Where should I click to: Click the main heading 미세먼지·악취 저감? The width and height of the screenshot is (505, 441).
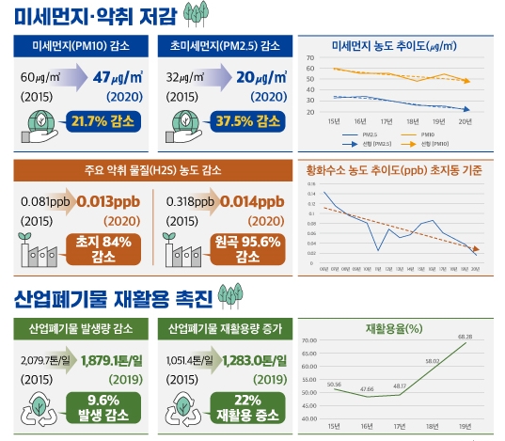[x=94, y=16]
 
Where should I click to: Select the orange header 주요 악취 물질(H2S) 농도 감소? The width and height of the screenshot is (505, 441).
[x=152, y=170]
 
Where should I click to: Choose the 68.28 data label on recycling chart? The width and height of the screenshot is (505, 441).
[x=465, y=337]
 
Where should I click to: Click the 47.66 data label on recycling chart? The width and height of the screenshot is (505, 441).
[x=367, y=387]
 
